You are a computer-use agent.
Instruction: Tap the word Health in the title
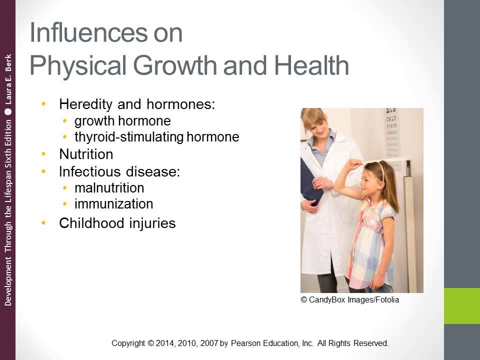point(309,65)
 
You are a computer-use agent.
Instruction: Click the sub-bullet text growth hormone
point(122,121)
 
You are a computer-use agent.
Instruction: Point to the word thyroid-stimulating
point(129,137)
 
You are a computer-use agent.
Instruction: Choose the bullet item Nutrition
point(86,154)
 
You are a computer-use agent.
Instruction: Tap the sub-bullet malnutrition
point(109,188)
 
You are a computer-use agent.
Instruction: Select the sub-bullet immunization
point(113,204)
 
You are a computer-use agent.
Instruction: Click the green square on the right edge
point(462,305)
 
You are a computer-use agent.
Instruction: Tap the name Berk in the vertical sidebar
point(7,62)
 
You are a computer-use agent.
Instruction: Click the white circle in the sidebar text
point(7,112)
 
